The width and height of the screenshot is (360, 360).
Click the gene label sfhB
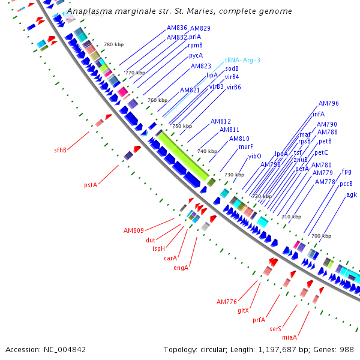tap(60, 150)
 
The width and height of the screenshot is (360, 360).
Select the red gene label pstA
tap(91, 185)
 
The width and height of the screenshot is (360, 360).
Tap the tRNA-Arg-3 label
tap(242, 61)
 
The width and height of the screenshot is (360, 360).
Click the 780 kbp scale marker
tap(113, 45)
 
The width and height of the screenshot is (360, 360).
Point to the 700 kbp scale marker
tap(321, 236)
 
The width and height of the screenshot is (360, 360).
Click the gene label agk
tap(352, 194)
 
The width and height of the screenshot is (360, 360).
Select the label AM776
tap(227, 301)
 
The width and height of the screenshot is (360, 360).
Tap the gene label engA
tap(181, 268)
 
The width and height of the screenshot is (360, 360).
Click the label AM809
tap(134, 230)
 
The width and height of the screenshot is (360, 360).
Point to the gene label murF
tap(246, 146)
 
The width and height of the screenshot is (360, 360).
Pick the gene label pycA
tap(196, 55)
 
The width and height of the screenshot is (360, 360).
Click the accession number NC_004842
tap(64, 349)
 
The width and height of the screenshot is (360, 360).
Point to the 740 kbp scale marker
tap(207, 151)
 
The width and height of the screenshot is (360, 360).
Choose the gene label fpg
tap(347, 171)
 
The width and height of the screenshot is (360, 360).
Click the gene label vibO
tap(255, 156)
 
